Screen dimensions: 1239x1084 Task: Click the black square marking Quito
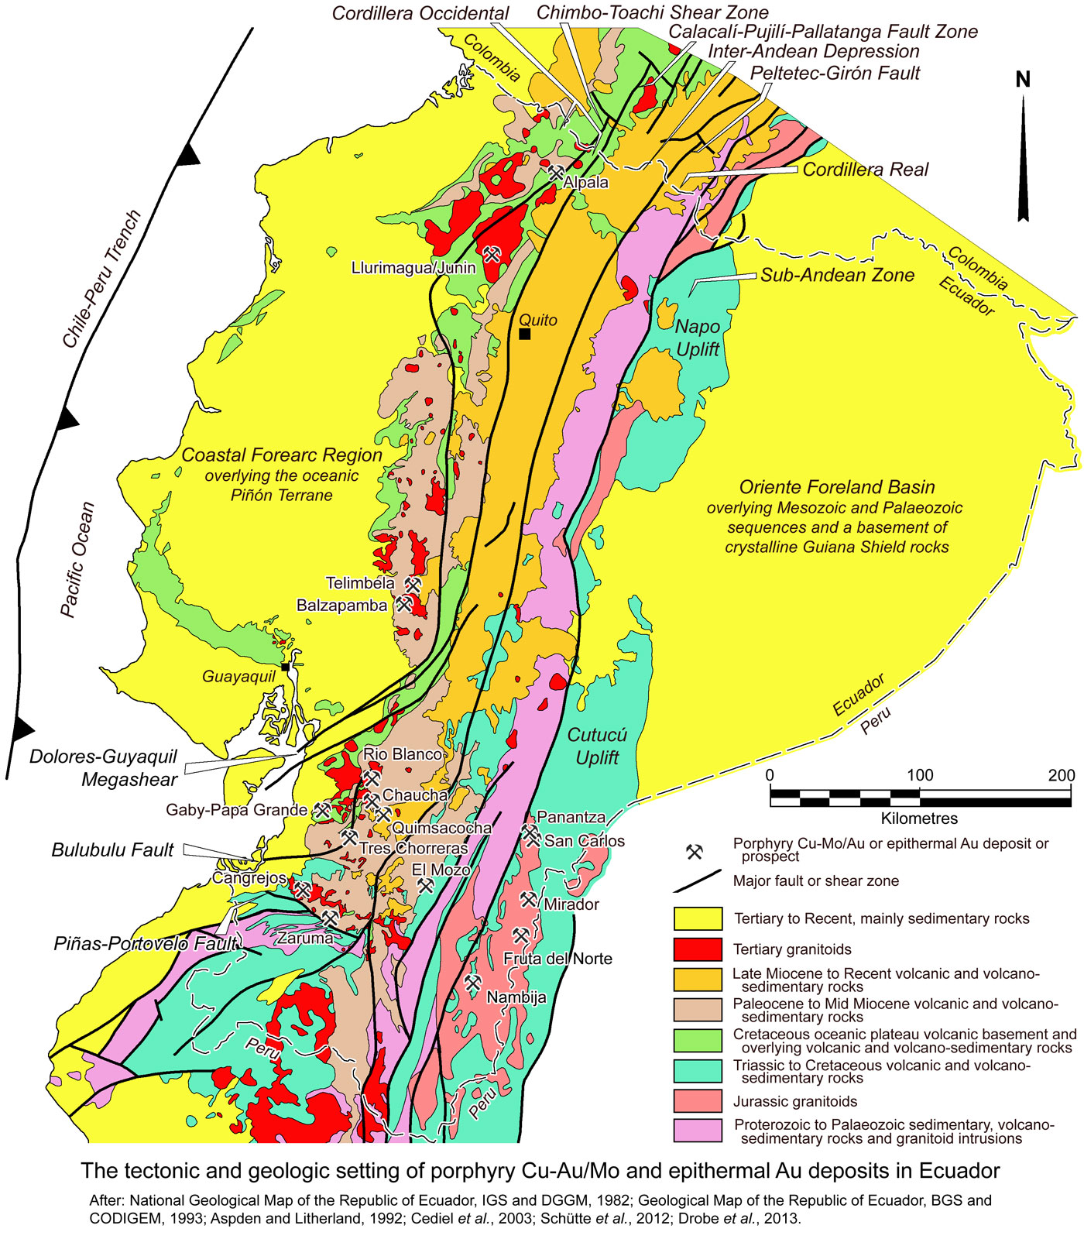[x=525, y=334]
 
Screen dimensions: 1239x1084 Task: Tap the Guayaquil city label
[x=238, y=677]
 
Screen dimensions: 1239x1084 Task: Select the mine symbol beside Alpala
[x=556, y=173]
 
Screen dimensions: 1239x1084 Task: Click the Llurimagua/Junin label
[x=413, y=268]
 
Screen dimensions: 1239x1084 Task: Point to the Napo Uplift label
[x=698, y=338]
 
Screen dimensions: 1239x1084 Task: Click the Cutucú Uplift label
[x=597, y=746]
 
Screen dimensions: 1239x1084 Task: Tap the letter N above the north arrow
[x=1023, y=80]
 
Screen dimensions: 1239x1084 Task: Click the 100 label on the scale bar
[x=920, y=775]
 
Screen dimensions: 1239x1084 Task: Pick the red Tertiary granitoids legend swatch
[x=698, y=949]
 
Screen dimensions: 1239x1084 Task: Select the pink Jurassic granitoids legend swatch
[x=698, y=1101]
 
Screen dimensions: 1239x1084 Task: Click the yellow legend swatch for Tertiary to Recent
[x=698, y=919]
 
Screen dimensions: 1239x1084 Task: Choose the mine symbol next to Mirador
[x=529, y=899]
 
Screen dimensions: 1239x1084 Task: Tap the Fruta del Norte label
[x=557, y=959]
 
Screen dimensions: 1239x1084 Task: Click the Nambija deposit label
[x=516, y=997]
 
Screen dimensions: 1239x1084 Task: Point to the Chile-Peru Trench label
[x=101, y=279]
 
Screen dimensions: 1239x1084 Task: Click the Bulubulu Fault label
[x=113, y=850]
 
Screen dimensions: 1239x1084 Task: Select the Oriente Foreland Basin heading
[x=837, y=487]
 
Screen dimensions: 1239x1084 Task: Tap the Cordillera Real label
[x=865, y=170]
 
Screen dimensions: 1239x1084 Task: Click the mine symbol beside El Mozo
[x=425, y=885]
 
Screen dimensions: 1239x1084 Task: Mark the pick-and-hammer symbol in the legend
[x=694, y=852]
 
